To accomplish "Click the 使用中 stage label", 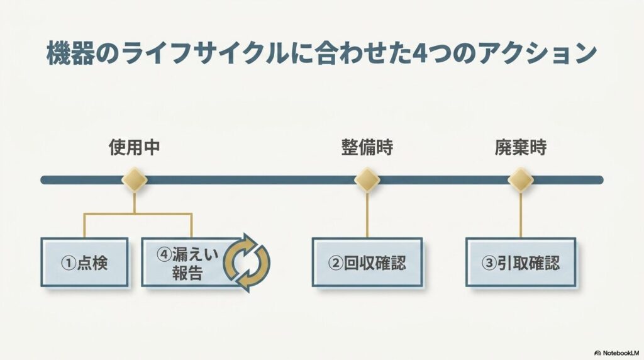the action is pos(135,147).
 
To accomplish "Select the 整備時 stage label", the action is pos(367,147).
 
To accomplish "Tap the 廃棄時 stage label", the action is pos(520,147).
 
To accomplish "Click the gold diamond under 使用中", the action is pos(135,180).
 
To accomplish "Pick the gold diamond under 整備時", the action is pos(367,180).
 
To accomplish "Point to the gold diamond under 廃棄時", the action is pos(520,180).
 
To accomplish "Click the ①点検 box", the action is pos(85,262).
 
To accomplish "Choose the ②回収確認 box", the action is pos(367,262).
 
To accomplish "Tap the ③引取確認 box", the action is pos(521,262).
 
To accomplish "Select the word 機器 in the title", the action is pos(70,53).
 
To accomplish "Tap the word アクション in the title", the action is pos(537,53).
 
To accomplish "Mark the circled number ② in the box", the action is pos(336,263).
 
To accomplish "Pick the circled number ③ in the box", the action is pos(489,263).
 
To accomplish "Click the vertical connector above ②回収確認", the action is pos(367,215).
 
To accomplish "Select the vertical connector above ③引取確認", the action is pos(520,215).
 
